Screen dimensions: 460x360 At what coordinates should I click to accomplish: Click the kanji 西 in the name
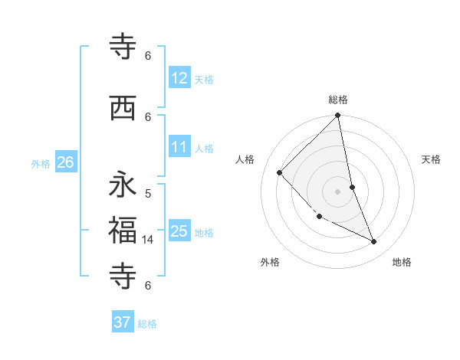pyautogui.click(x=123, y=109)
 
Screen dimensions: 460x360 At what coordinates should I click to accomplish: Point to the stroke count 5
pyautogui.click(x=148, y=194)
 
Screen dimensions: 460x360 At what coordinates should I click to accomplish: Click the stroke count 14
pyautogui.click(x=148, y=240)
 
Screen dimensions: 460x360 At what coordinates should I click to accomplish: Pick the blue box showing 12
pyautogui.click(x=179, y=77)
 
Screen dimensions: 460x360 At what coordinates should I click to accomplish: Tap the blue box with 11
pyautogui.click(x=179, y=147)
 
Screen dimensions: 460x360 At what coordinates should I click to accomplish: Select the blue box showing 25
pyautogui.click(x=179, y=231)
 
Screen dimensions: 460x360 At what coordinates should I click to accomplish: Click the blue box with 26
pyautogui.click(x=66, y=162)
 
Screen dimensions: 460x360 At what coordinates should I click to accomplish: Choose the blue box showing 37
pyautogui.click(x=123, y=322)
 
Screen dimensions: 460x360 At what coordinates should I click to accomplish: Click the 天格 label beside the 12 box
pyautogui.click(x=204, y=79)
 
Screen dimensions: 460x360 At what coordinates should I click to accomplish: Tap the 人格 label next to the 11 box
pyautogui.click(x=204, y=149)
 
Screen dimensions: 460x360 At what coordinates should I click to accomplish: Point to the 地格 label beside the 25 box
pyautogui.click(x=204, y=233)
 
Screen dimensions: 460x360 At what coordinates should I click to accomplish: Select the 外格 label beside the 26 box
pyautogui.click(x=41, y=164)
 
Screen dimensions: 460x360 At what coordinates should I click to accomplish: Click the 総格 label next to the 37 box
pyautogui.click(x=147, y=324)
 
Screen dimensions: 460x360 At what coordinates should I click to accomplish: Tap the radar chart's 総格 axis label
pyautogui.click(x=338, y=100)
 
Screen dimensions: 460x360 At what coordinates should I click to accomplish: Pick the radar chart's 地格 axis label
pyautogui.click(x=402, y=262)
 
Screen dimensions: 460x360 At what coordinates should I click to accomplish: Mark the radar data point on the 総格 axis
pyautogui.click(x=338, y=116)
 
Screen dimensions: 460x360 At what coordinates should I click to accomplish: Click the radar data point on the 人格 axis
pyautogui.click(x=280, y=172)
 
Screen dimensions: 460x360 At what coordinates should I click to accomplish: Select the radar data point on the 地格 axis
pyautogui.click(x=374, y=242)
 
